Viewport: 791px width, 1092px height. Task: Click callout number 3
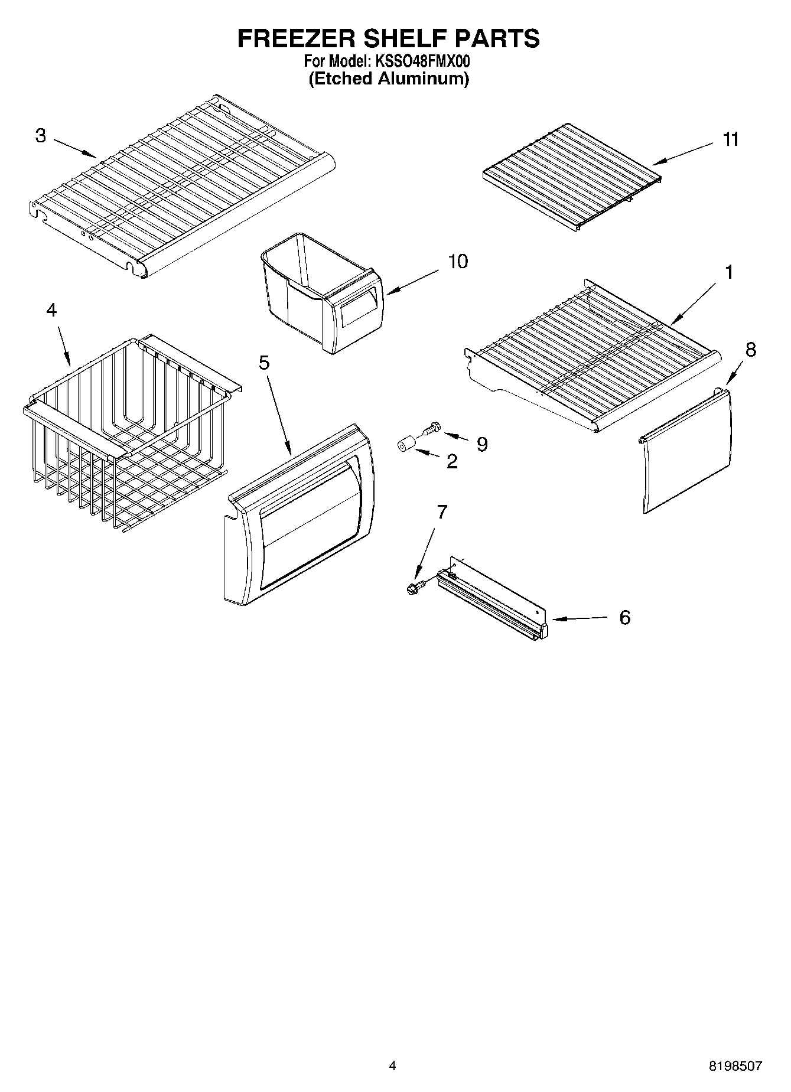tap(40, 136)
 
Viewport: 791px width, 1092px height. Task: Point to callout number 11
tap(731, 139)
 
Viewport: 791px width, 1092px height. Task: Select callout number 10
tap(458, 261)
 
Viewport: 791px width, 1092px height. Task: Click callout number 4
tap(51, 309)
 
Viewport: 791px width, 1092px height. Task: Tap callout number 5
tap(263, 362)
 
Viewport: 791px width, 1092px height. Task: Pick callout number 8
tap(750, 350)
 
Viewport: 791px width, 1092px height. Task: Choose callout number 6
tap(624, 618)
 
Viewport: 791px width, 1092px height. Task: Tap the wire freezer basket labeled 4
tap(118, 437)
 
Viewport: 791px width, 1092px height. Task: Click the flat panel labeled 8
tap(688, 455)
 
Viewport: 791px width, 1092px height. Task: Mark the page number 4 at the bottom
tap(392, 1066)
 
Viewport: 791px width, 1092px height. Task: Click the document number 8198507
tap(735, 1066)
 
